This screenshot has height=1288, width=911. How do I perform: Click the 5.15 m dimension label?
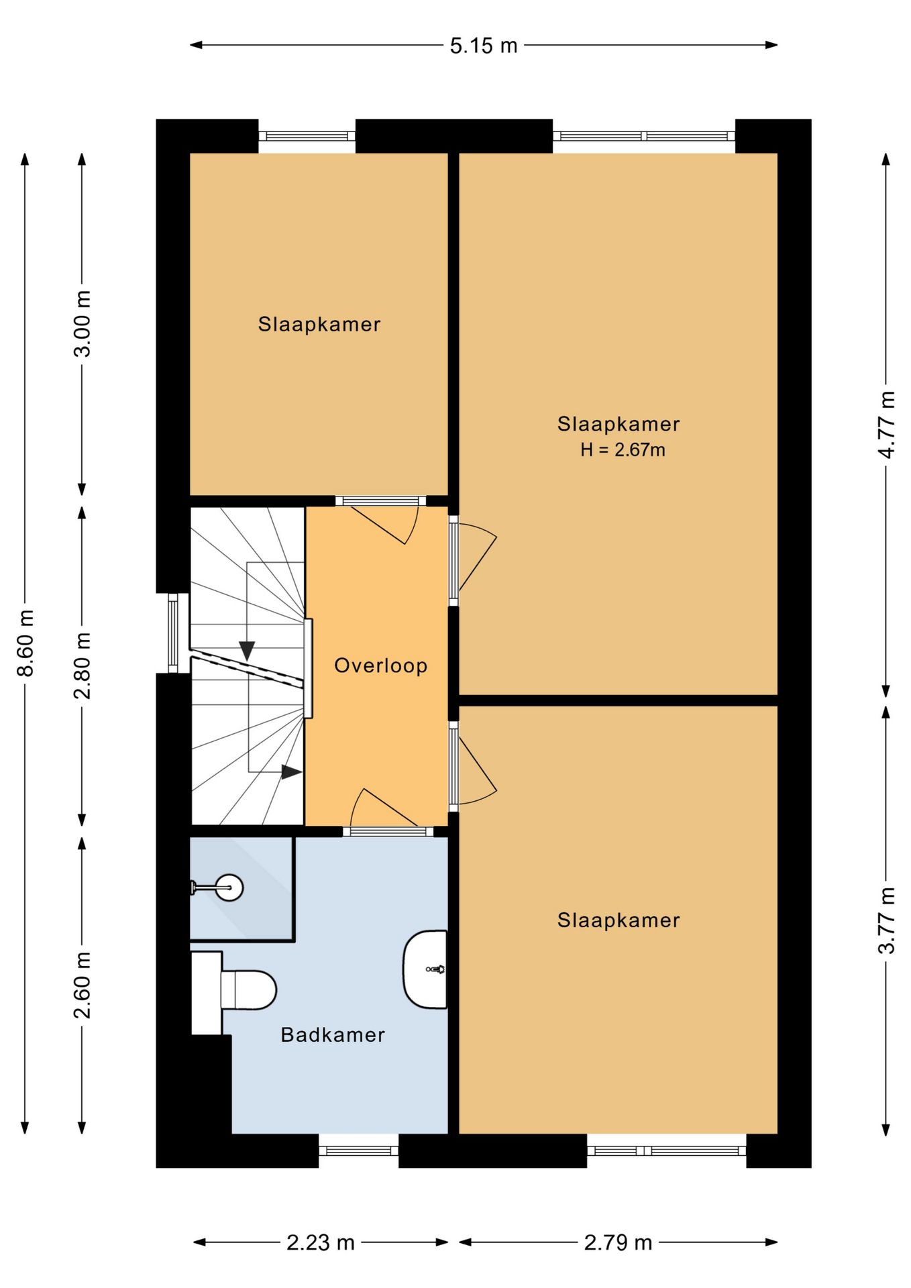[483, 46]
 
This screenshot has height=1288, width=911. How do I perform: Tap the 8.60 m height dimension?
[25, 643]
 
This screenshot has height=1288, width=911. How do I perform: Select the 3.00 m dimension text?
[82, 324]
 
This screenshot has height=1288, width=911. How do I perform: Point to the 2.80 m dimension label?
[82, 665]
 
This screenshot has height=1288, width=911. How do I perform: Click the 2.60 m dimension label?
[82, 985]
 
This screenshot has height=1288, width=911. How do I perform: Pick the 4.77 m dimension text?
[886, 425]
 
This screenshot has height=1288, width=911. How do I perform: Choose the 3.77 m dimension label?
[886, 920]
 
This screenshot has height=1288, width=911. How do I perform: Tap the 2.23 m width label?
[321, 1242]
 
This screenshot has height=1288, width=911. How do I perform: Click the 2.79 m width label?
[618, 1242]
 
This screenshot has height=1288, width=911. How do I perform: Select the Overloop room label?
[381, 665]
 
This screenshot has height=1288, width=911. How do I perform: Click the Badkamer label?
[333, 1034]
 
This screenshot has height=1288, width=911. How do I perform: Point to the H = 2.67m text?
[623, 449]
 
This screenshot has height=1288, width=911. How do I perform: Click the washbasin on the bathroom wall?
[425, 969]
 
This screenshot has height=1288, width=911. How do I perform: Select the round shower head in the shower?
[229, 888]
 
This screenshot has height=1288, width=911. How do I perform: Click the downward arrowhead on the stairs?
[247, 650]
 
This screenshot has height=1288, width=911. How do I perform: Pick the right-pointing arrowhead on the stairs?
[291, 772]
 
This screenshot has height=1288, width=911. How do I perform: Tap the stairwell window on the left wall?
[173, 633]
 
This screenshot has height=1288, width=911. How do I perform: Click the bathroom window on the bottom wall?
[358, 1150]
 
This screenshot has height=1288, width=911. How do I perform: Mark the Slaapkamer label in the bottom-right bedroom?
[619, 920]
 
